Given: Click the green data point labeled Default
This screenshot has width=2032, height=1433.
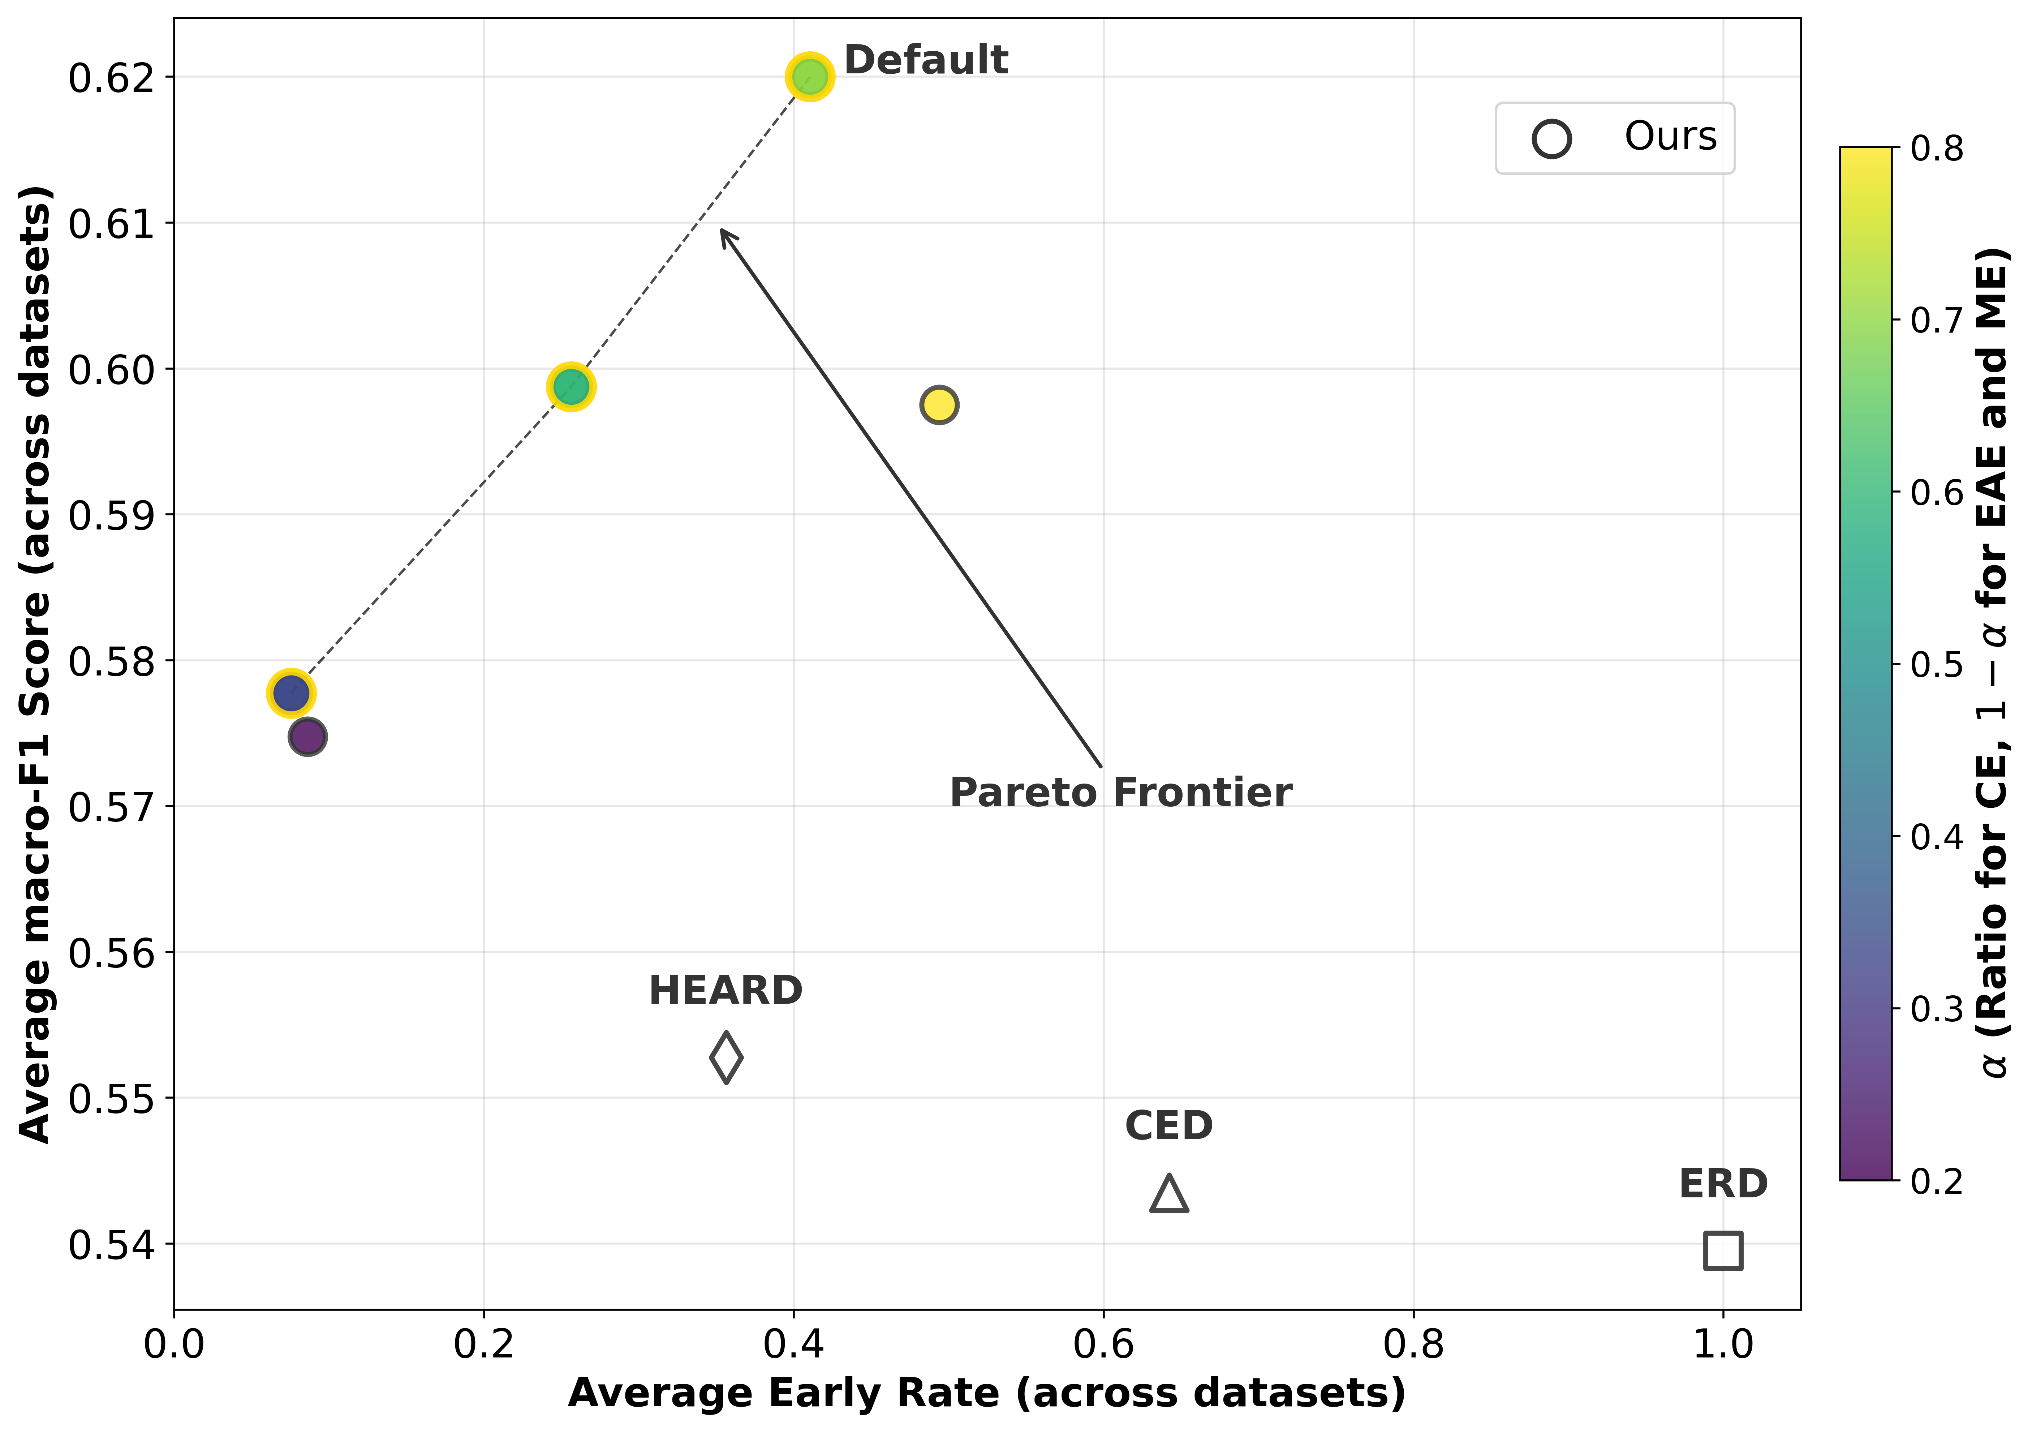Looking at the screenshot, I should coord(809,77).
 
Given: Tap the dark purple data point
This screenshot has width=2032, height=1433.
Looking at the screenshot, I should coord(307,737).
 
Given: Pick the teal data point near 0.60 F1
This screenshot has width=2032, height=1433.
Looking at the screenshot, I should coord(571,387).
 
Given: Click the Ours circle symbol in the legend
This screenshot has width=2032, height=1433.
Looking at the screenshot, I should coord(1551,139).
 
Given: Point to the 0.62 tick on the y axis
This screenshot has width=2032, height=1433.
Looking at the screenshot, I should coord(112,78).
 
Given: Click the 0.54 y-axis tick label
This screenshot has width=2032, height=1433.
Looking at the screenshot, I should coord(112,1244).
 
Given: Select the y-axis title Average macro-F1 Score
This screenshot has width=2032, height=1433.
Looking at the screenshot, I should coord(35,664).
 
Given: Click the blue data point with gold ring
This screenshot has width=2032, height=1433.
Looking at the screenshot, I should coord(290,693).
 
